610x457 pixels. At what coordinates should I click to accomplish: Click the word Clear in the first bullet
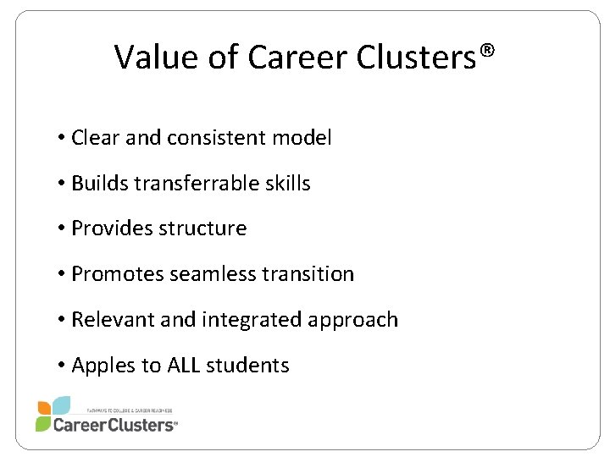pyautogui.click(x=96, y=137)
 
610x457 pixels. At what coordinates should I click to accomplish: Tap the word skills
pyautogui.click(x=286, y=183)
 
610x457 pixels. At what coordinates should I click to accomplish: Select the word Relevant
pyautogui.click(x=108, y=320)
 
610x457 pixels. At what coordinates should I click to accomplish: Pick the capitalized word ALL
pyautogui.click(x=185, y=366)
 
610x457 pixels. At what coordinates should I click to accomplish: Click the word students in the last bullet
pyautogui.click(x=250, y=366)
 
